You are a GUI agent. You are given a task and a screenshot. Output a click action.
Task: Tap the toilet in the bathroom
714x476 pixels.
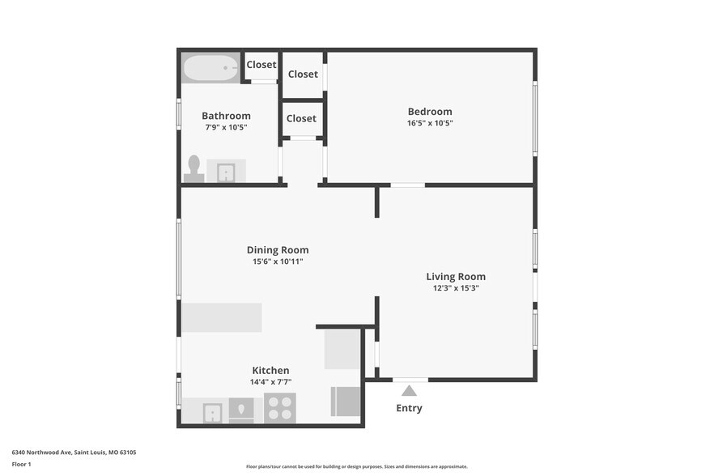(193, 168)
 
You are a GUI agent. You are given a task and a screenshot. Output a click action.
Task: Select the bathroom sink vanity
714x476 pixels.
(226, 171)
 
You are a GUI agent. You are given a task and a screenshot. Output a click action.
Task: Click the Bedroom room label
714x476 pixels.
(430, 112)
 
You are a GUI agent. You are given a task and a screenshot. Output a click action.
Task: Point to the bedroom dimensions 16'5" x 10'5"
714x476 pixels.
(430, 124)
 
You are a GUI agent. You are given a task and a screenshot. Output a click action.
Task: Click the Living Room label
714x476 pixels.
(456, 277)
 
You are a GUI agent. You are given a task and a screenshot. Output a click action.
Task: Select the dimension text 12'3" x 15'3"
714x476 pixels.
(456, 288)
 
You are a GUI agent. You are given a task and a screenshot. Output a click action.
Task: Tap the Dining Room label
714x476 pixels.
(278, 250)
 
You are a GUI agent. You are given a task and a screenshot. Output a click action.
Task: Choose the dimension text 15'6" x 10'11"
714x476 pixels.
(278, 261)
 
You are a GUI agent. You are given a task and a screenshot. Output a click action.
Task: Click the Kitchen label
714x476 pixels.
(270, 371)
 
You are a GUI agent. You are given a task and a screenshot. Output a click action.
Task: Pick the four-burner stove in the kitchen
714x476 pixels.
(280, 408)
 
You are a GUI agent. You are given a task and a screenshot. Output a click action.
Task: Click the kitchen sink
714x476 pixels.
(213, 411)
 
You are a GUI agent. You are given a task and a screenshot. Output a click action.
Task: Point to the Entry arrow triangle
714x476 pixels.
(410, 391)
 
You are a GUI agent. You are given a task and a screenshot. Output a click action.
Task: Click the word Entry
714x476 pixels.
(409, 408)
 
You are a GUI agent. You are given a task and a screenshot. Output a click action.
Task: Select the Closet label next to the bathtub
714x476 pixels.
(261, 65)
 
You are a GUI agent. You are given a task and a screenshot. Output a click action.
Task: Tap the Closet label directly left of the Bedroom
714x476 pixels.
(303, 74)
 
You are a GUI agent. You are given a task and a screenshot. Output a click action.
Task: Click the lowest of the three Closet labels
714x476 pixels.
(301, 118)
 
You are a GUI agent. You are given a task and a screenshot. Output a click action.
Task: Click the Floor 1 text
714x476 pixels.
(21, 465)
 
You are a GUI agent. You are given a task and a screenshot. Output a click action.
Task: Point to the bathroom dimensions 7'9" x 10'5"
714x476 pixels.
(226, 127)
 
